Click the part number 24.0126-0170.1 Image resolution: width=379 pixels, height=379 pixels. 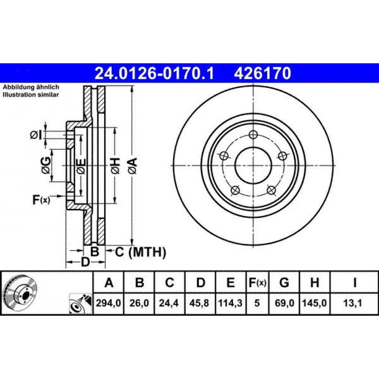coord(154,73)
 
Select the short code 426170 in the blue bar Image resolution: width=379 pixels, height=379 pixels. coord(262,73)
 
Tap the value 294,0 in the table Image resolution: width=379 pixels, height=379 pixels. coord(108,303)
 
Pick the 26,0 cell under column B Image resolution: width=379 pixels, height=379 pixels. coord(139,303)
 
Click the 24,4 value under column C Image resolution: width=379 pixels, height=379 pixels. coord(169,303)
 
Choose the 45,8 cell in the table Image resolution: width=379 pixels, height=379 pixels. coord(200,303)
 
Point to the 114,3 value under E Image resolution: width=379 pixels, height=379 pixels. coord(230,303)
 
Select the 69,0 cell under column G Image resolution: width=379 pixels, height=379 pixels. coord(284,303)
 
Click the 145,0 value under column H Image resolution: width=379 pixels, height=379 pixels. coord(315,303)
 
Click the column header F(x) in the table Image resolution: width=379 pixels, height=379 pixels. coord(257,282)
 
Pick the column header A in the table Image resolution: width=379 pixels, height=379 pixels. coord(109,282)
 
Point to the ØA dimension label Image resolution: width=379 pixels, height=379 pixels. coord(133,166)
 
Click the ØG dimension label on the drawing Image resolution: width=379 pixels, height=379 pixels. coord(46,166)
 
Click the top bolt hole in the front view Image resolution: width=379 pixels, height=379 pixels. coord(253,135)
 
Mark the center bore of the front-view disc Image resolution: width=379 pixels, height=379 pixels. coord(253,166)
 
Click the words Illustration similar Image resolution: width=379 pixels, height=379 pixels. coord(31,95)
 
